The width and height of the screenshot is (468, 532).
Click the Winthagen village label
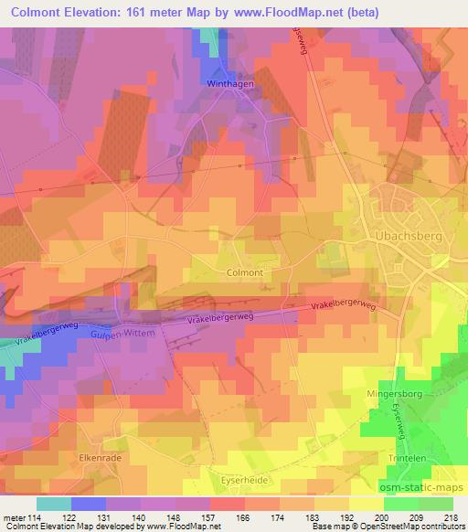pos(229,83)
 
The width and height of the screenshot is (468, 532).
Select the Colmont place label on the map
pos(244,272)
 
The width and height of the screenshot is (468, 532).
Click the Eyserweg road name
pos(406,405)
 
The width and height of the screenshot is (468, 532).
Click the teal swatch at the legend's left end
pos(54,503)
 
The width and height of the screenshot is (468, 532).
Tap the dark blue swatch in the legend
pos(89,503)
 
